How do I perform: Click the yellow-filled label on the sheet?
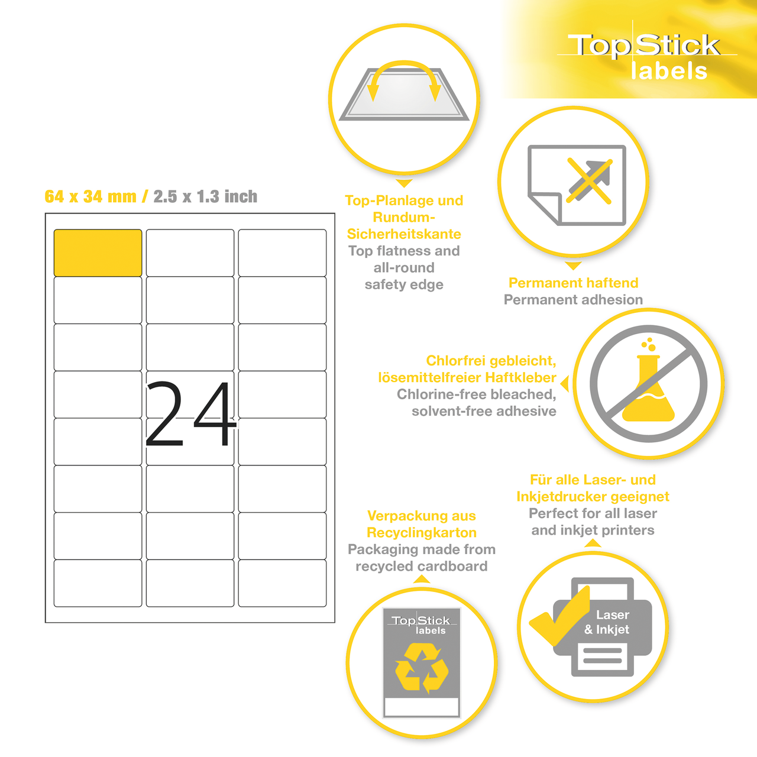click(98, 253)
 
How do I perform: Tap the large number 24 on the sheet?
click(190, 413)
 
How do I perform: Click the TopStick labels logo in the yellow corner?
click(645, 57)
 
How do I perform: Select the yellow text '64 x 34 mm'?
click(90, 196)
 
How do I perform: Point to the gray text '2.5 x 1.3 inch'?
click(205, 196)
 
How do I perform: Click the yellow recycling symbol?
click(422, 668)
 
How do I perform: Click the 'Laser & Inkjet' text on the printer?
click(607, 622)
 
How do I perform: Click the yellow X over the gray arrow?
click(589, 180)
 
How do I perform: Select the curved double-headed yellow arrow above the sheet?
click(404, 76)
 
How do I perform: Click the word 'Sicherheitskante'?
click(404, 234)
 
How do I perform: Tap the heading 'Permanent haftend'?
click(573, 283)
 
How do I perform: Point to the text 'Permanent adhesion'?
click(573, 300)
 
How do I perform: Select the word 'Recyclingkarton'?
click(422, 533)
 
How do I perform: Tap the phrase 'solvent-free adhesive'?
click(484, 411)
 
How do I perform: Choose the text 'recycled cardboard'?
click(422, 567)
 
